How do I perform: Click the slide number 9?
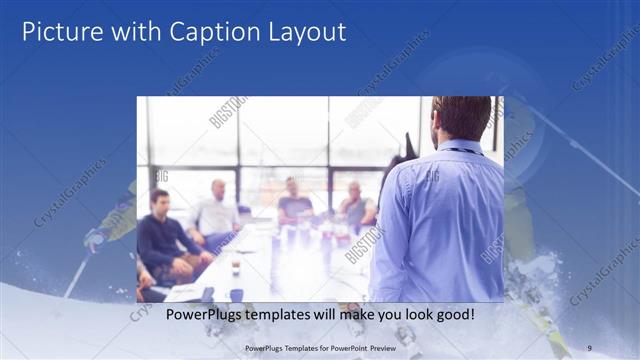(x=590, y=347)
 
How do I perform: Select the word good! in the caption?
(x=454, y=314)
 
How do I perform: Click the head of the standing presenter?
(x=461, y=118)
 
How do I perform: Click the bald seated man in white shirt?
(x=217, y=210)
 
